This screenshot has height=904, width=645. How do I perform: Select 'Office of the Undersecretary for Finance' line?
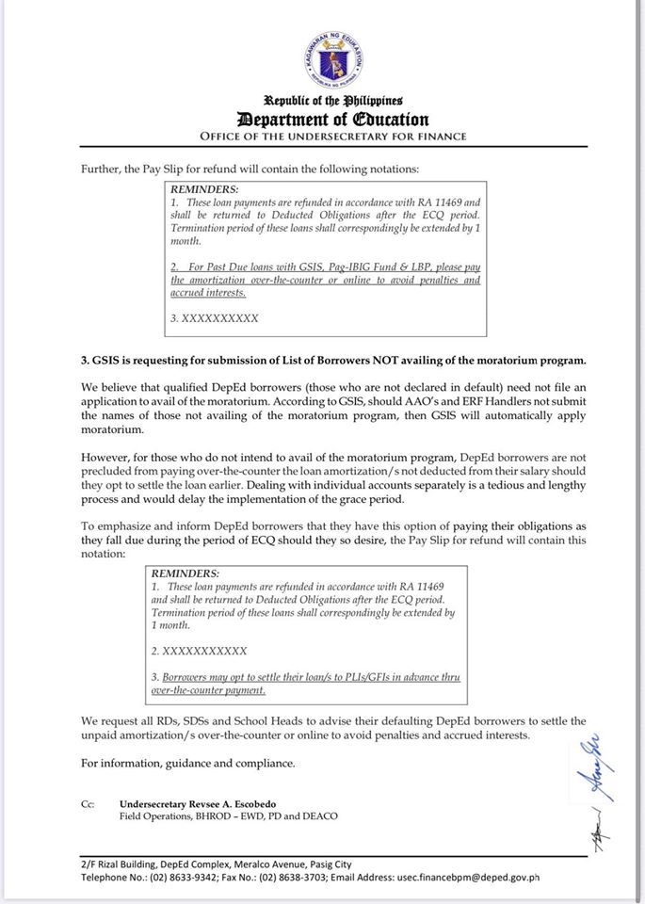coord(332,137)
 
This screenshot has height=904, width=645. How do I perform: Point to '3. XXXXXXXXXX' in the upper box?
coord(215,318)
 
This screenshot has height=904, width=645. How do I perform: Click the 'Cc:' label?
coord(89,803)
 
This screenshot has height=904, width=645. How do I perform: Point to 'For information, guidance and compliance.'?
coord(187,763)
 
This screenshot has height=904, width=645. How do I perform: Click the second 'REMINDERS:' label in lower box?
coord(185,573)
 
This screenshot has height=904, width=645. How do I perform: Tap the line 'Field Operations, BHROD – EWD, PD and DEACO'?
coord(228,815)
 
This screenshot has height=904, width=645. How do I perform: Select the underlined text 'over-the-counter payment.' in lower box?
coord(209,690)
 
